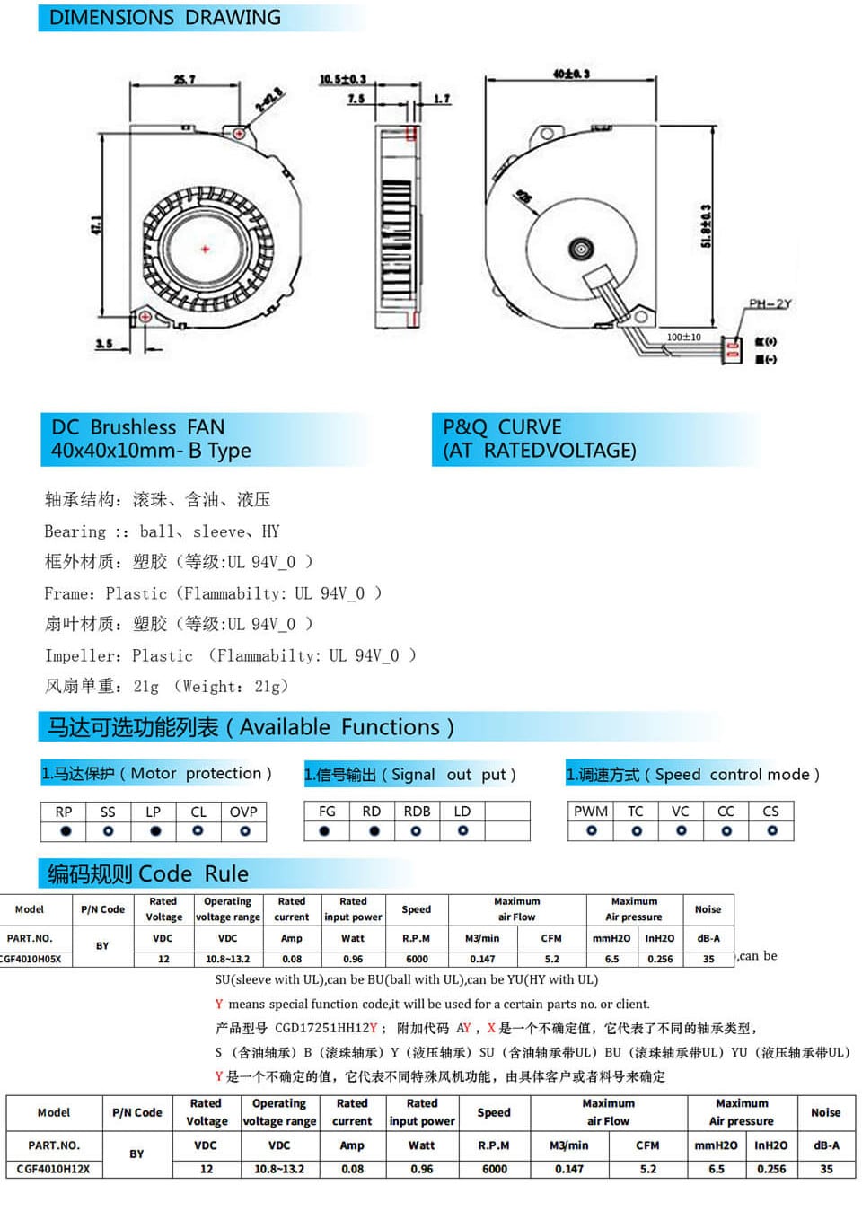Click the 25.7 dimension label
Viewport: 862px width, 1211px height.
[185, 80]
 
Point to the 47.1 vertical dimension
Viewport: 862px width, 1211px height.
[96, 224]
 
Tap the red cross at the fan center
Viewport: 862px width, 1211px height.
[206, 249]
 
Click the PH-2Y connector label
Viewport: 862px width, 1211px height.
[770, 303]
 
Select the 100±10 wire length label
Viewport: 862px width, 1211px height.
[684, 337]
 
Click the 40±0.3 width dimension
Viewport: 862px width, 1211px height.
[571, 74]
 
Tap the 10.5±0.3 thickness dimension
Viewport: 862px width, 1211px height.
[343, 80]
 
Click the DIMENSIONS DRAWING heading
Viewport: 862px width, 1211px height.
[164, 17]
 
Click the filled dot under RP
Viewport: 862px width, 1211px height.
[65, 831]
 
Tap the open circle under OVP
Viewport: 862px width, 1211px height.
[244, 831]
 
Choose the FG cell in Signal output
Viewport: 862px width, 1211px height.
[327, 811]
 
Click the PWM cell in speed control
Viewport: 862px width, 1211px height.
[591, 811]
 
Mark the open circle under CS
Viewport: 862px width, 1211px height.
[771, 831]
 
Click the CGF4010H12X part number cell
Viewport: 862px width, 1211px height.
[53, 1169]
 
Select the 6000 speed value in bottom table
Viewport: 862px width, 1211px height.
[494, 1169]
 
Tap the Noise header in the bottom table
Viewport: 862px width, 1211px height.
[825, 1112]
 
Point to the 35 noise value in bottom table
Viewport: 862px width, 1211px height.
[826, 1169]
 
